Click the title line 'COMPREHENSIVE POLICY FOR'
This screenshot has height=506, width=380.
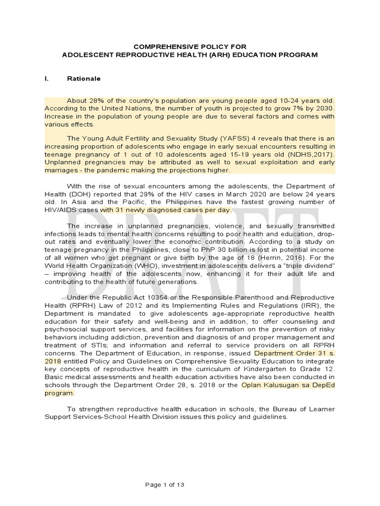coord(190,45)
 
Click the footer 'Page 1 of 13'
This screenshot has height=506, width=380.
coord(165,471)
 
